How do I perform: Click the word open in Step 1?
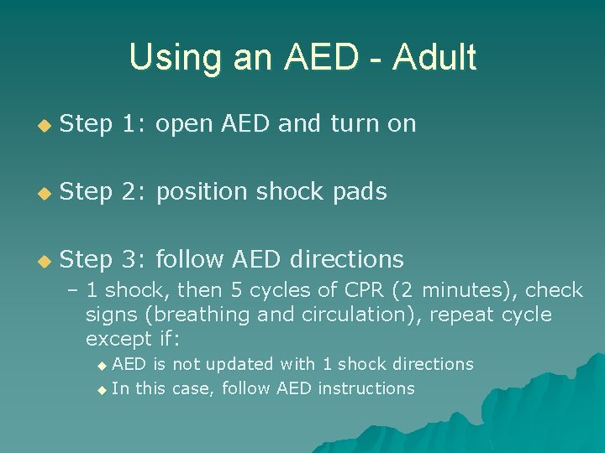coord(185,124)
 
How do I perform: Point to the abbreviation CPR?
coord(363,290)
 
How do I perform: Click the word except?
coord(118,340)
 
